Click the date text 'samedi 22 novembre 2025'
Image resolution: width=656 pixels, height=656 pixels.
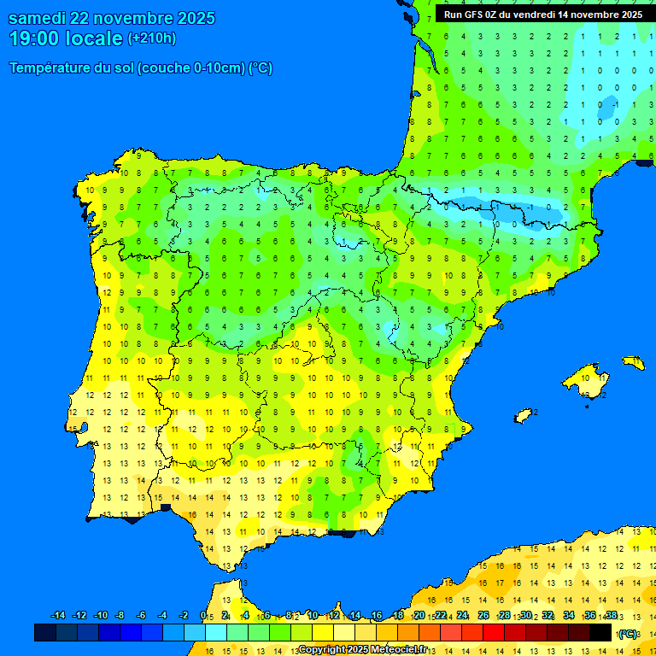(x=111, y=18)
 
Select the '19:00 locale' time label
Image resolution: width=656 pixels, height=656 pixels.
(x=66, y=38)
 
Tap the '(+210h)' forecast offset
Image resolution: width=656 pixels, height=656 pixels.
(x=152, y=38)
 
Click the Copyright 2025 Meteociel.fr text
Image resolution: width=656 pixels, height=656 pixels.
(x=362, y=649)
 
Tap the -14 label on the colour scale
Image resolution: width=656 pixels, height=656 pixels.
(x=58, y=616)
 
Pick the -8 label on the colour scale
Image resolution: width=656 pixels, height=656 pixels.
(x=120, y=616)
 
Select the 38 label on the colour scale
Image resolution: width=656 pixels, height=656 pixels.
(x=611, y=616)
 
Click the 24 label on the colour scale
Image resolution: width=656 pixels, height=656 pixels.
(x=462, y=616)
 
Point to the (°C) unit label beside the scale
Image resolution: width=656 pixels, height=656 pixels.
(x=628, y=633)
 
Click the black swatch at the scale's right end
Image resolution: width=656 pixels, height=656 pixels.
(x=600, y=632)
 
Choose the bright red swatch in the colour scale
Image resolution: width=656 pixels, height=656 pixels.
(x=494, y=632)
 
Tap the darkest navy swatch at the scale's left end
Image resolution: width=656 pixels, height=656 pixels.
(x=45, y=632)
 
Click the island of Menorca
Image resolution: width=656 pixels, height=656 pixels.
(x=633, y=362)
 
